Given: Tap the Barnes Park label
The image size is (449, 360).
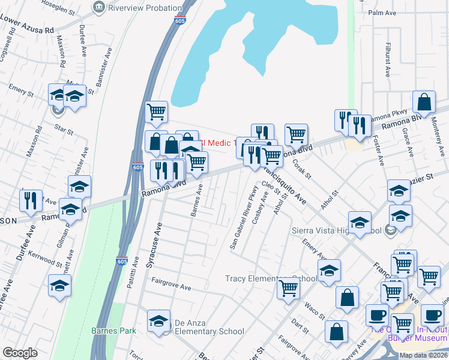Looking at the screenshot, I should tap(113, 331).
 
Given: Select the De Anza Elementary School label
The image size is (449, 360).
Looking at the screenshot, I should tap(209, 331).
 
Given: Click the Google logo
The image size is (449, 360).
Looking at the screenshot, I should tap(20, 353).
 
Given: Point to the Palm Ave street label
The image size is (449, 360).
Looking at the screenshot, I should tap(384, 13).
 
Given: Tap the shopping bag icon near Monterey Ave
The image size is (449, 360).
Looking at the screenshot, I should tap(424, 103).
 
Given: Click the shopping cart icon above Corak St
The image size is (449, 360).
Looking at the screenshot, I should tap(296, 135).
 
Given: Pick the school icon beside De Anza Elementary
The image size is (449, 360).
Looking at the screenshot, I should tap(158, 320).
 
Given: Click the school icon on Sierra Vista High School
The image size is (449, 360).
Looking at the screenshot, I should tap(360, 222).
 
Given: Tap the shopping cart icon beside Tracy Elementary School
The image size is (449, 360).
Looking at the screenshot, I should tap(288, 289).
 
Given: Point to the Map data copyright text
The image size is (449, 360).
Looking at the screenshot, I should tap(423, 355).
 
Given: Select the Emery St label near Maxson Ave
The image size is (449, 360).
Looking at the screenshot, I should tap(21, 90).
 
